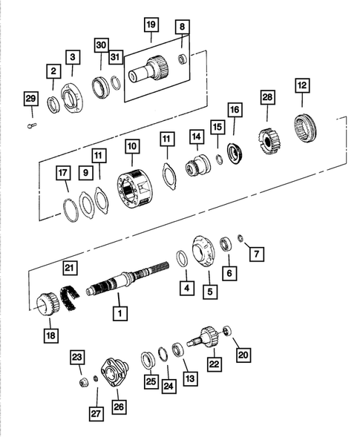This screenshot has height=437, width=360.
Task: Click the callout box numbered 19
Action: (151, 26)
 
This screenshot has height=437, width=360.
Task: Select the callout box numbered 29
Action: (30, 99)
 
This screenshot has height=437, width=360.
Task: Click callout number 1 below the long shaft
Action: (117, 315)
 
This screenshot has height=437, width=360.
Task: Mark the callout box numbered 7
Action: (256, 254)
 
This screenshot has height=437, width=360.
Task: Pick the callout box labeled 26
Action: (119, 406)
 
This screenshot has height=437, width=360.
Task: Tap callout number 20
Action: (243, 355)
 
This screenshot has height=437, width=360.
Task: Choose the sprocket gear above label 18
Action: (48, 303)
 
